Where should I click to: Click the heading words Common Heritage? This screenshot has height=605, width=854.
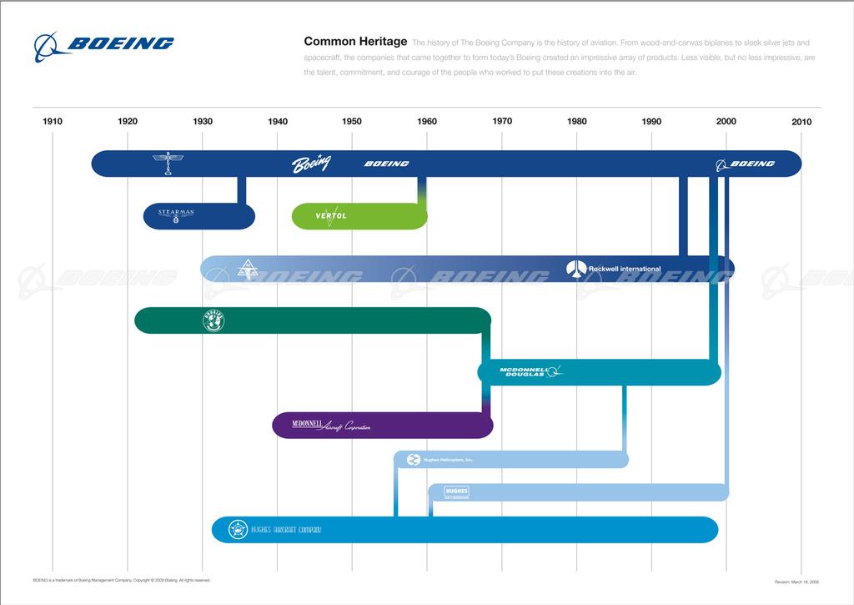pos(355,41)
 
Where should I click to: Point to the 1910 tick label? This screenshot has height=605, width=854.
pos(53,122)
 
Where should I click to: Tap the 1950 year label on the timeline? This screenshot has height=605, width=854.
pos(352,122)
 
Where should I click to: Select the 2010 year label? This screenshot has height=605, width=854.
pos(801,122)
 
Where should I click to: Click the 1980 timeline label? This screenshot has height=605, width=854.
pos(577,122)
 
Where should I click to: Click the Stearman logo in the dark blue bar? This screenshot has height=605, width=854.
pos(176,215)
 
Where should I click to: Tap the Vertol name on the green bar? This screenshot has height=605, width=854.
pos(331,215)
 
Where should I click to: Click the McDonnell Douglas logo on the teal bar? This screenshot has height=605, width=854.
pos(530,371)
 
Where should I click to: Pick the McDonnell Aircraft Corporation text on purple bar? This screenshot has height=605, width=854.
pos(330,426)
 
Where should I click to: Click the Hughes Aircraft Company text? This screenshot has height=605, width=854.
pos(286,530)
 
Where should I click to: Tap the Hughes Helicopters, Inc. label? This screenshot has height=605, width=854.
pos(448,460)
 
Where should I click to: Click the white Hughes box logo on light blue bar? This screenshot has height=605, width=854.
pos(457,492)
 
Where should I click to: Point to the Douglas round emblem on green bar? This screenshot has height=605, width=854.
pos(213,320)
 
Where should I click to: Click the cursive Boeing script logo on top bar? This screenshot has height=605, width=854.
pos(310,164)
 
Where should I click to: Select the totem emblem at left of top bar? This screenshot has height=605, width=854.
pos(169,164)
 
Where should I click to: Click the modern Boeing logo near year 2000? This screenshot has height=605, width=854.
pos(746,164)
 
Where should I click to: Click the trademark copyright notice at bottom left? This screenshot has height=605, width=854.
pos(121,578)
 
